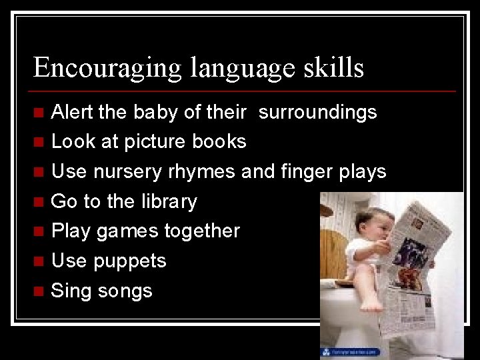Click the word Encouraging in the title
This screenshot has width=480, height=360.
tap(107, 68)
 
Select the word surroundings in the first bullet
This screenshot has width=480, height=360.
tap(317, 112)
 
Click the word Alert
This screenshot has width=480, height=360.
tap(73, 112)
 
